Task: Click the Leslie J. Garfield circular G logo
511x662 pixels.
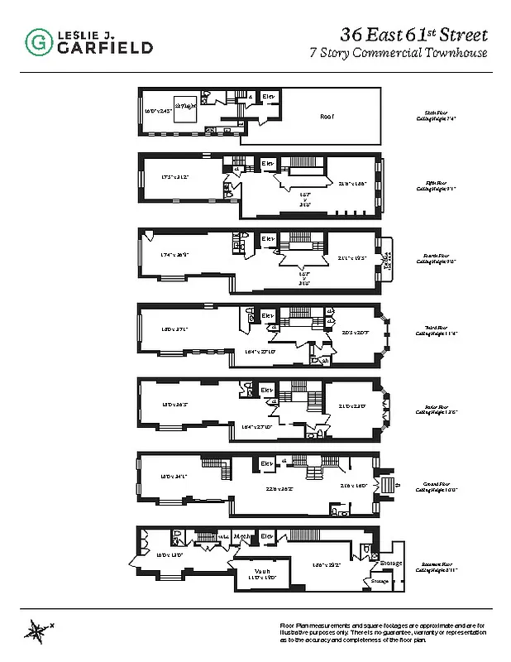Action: tap(36, 41)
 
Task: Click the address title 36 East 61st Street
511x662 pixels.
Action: tap(413, 35)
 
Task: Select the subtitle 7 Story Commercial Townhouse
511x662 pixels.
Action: tap(398, 54)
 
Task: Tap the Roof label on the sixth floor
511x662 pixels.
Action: tap(327, 117)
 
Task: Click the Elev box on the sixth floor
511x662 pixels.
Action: tap(268, 98)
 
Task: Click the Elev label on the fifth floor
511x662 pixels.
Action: tap(268, 164)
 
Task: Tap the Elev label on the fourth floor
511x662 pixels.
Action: tap(268, 240)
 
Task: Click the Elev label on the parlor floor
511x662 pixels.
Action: tap(266, 390)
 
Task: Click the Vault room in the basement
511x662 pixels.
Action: tap(263, 573)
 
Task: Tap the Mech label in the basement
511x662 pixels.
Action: tap(242, 537)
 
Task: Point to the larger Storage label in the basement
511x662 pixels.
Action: tap(391, 564)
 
